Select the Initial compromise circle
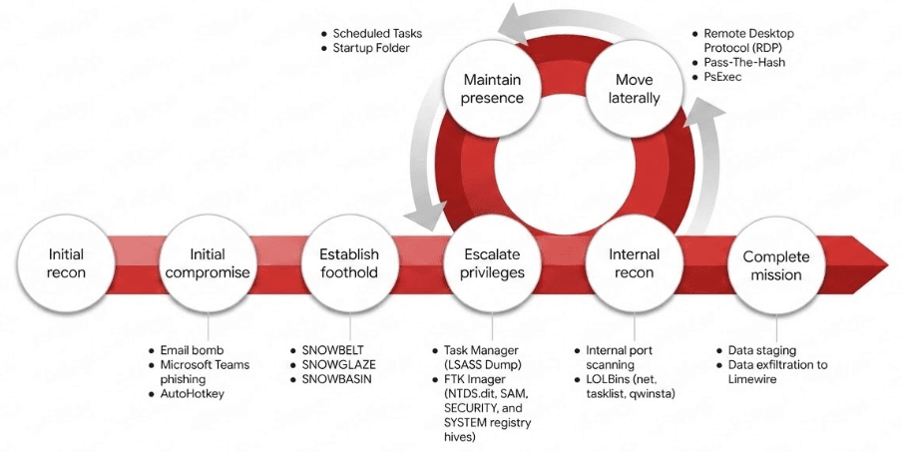(208, 263)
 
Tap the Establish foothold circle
(349, 263)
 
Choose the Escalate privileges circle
(491, 263)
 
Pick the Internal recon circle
(634, 263)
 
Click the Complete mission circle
(776, 263)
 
